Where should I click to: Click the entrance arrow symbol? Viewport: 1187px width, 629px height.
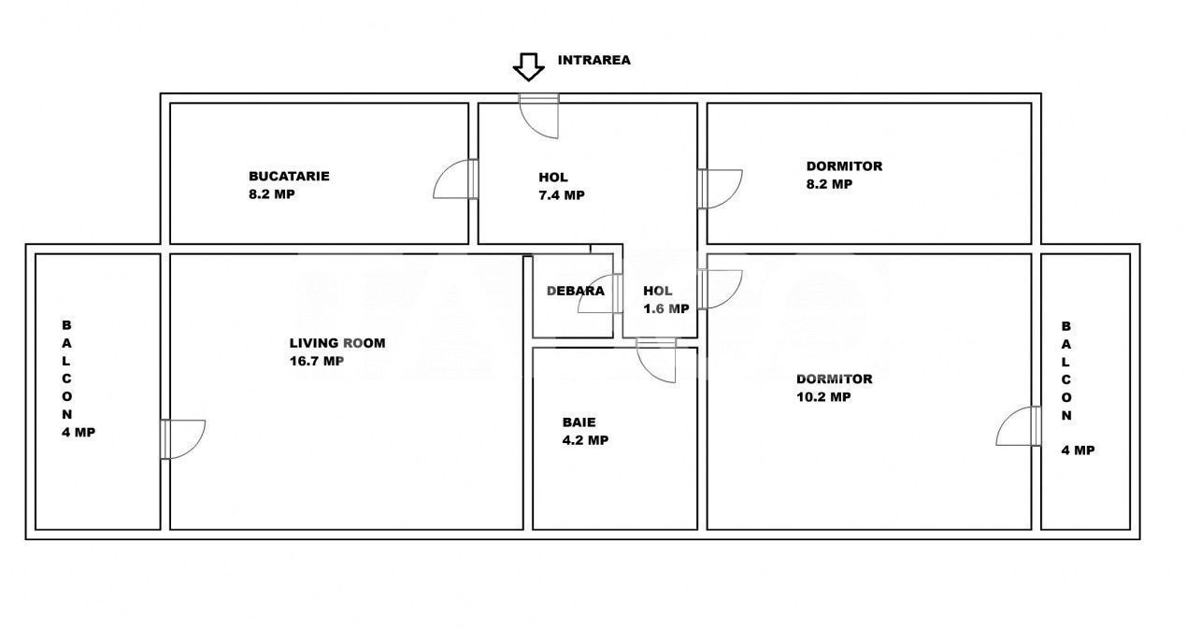tap(528, 66)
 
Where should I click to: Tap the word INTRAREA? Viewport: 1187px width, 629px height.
tap(594, 60)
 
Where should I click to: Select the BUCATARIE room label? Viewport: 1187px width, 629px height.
tap(289, 176)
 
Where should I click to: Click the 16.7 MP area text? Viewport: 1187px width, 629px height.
tap(316, 361)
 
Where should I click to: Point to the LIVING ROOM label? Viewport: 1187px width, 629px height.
tap(337, 343)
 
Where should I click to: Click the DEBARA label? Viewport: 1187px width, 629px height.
tap(576, 291)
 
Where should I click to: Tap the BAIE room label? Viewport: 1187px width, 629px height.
tap(579, 422)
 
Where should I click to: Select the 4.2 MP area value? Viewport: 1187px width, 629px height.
tap(585, 440)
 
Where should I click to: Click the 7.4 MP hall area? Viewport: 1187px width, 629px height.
tap(562, 195)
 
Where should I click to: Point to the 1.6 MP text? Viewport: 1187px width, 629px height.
tap(666, 308)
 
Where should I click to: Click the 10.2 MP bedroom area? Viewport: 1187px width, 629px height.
tap(823, 397)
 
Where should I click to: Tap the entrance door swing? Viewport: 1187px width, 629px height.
tap(539, 116)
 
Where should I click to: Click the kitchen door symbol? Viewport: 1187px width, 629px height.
tap(456, 179)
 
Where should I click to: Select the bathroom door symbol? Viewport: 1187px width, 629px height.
tap(656, 361)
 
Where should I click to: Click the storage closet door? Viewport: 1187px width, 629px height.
tap(600, 293)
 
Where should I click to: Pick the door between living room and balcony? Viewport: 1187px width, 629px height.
tap(183, 439)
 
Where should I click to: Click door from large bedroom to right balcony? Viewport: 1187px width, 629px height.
tap(1019, 426)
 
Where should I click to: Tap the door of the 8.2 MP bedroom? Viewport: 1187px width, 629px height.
tap(721, 189)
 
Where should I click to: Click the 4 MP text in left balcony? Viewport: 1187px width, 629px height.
tap(79, 433)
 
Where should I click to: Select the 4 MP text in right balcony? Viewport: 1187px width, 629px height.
tap(1078, 450)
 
